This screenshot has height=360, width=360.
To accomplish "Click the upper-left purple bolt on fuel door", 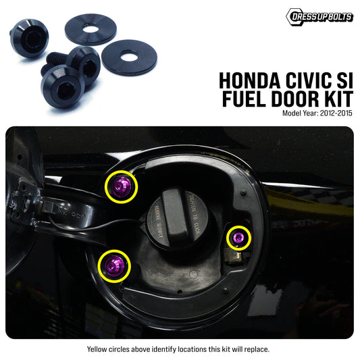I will pyautogui.click(x=122, y=186).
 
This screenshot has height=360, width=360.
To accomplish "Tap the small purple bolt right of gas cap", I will pyautogui.click(x=237, y=238).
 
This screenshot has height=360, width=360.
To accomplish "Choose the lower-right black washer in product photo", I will pyautogui.click(x=130, y=57).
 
